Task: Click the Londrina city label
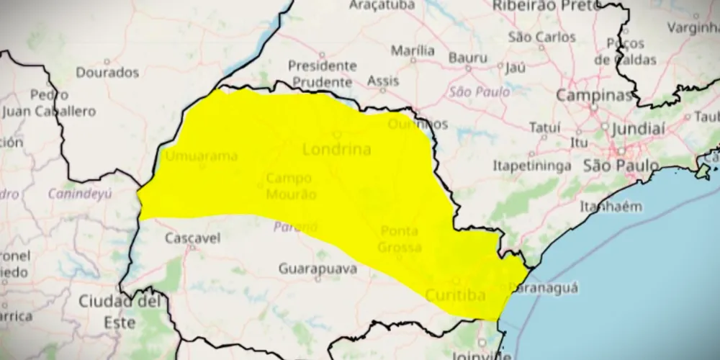pos(337,150)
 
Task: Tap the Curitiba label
pos(455,295)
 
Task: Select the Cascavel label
pos(192,238)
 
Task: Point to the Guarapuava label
pos(318,269)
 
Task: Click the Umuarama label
pos(202,156)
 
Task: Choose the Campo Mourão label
pos(289,186)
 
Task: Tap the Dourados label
pos(107,73)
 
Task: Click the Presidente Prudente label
pos(322,73)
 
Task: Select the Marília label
pos(413,50)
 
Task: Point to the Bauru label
pos(468,58)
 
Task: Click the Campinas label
pos(594,96)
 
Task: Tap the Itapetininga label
pos(532,166)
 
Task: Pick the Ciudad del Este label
pos(119,311)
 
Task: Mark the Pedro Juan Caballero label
pos(49,103)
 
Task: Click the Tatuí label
pos(544,127)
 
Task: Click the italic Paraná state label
pos(295,228)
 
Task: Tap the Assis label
pos(383,81)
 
